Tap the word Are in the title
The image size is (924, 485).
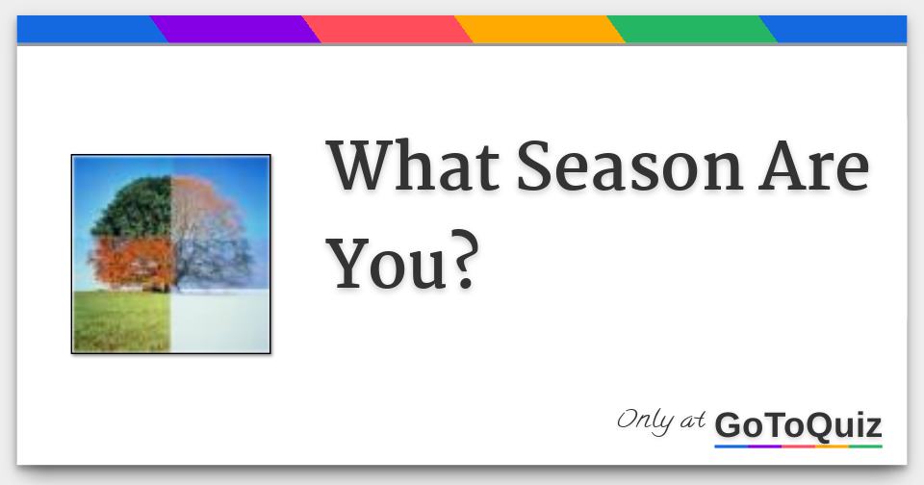pos(814,167)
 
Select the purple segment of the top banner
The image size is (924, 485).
pos(236,30)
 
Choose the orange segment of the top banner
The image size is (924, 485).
pos(540,30)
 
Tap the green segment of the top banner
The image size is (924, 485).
pos(692,30)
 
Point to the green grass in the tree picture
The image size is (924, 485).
pos(120,322)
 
